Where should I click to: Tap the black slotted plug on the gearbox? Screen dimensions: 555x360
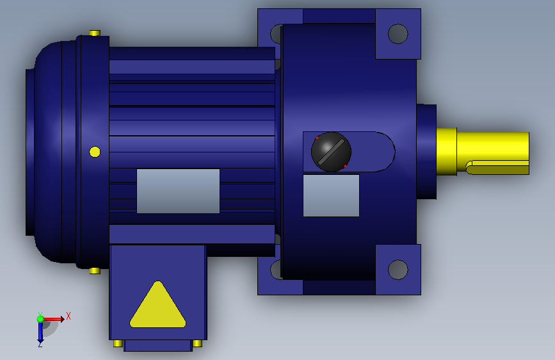pos(332,152)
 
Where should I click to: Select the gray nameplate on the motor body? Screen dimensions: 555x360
pos(178,191)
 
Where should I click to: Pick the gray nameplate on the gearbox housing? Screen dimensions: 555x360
pos(332,195)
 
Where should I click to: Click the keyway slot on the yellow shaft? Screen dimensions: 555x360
pos(497,167)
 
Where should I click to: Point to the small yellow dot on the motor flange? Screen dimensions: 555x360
pos(95,152)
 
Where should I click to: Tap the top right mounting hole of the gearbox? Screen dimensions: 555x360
pos(398,34)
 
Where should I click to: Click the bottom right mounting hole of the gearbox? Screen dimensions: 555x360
pos(398,270)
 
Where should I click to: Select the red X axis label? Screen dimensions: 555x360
pos(68,316)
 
